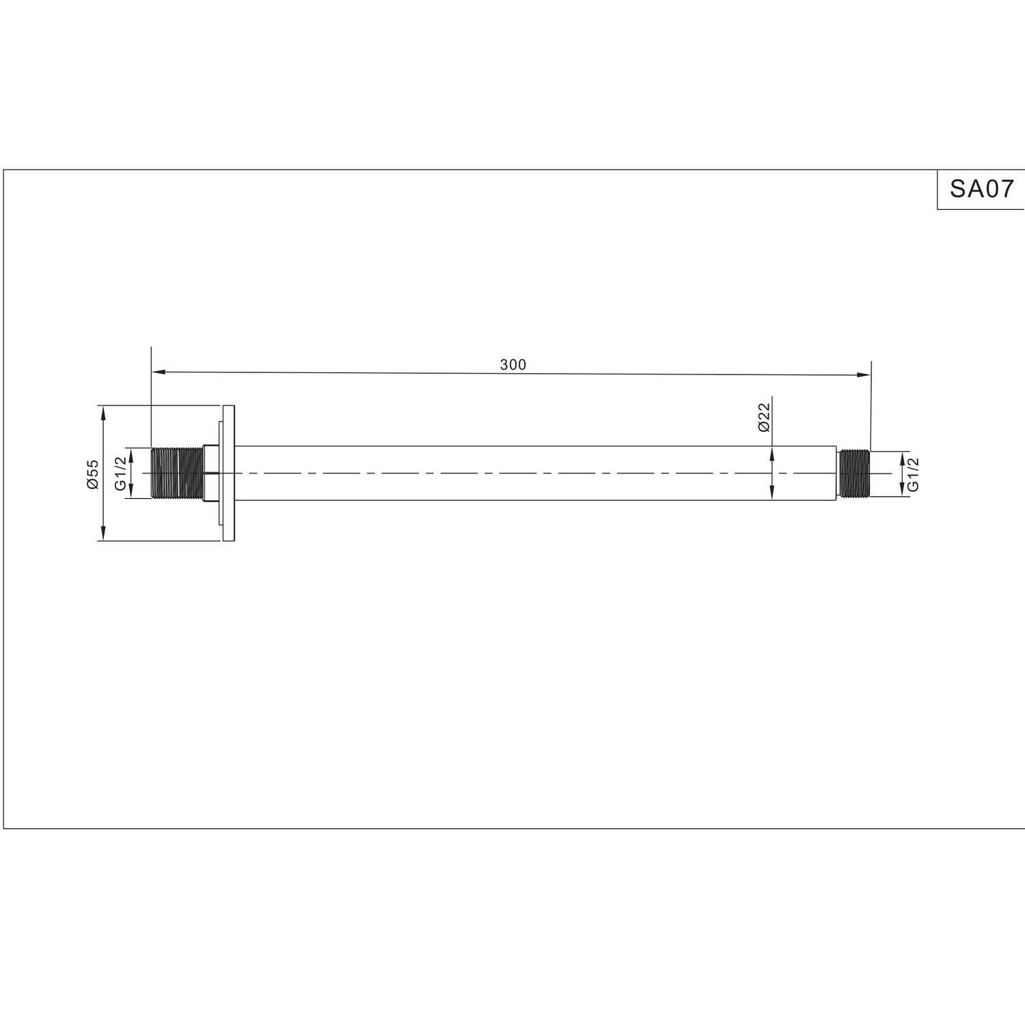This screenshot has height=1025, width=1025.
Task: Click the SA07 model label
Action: [982, 189]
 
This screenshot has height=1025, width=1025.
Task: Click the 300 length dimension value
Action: [513, 365]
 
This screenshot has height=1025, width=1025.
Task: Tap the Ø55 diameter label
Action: [92, 474]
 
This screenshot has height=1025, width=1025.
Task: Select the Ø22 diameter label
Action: [763, 417]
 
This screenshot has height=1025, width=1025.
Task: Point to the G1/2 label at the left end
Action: [121, 474]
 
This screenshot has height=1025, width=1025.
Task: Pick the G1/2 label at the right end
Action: [914, 474]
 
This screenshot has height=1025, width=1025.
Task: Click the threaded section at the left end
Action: [177, 473]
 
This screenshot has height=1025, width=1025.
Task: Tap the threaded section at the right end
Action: [854, 473]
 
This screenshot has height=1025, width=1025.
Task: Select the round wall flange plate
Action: [228, 474]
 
